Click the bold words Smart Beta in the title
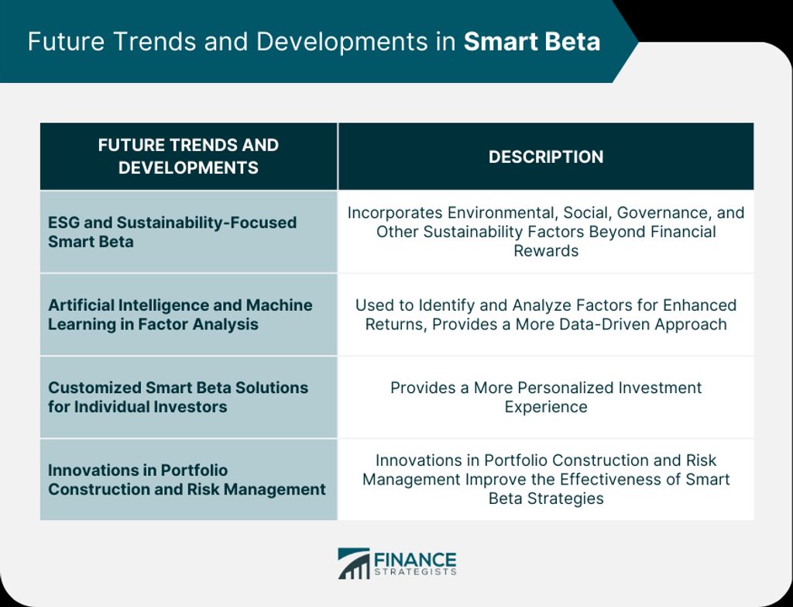click(x=532, y=42)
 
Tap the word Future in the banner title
click(x=66, y=42)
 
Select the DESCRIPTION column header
click(x=546, y=157)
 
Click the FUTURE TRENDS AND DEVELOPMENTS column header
click(x=188, y=157)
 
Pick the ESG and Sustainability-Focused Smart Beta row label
click(x=172, y=232)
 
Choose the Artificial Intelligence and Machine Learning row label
click(x=180, y=315)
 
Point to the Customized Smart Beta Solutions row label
click(x=178, y=397)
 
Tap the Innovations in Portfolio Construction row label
click(x=187, y=479)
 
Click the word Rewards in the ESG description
click(x=546, y=250)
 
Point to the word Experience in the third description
click(x=546, y=407)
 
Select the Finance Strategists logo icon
click(x=353, y=563)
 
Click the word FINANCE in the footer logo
click(x=415, y=560)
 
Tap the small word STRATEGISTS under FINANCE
click(x=415, y=572)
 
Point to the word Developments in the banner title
click(x=342, y=42)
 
